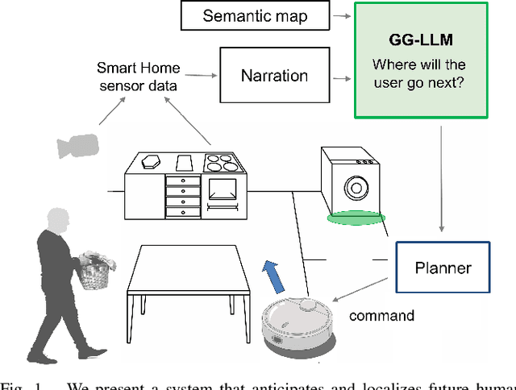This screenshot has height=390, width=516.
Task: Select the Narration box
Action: point(274,76)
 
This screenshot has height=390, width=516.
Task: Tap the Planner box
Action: point(442,268)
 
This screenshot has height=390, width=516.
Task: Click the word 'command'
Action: point(381,315)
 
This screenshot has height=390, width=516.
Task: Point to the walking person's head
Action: point(58,221)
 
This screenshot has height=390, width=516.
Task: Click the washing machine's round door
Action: point(356,189)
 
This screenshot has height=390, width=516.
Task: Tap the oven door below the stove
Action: point(224,190)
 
